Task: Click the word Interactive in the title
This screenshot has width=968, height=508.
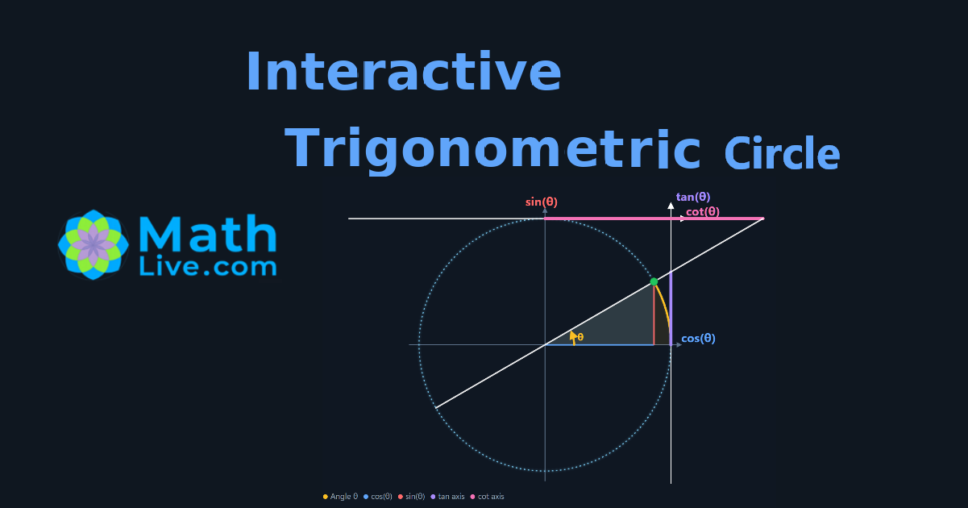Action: pos(404,72)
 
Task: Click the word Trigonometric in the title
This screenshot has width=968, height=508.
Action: pos(492,150)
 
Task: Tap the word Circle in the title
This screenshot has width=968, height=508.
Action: pos(782,153)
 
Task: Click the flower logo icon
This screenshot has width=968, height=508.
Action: pos(93,244)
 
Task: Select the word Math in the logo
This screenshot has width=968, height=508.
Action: pos(207,234)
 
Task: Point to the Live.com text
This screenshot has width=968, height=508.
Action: pos(207,267)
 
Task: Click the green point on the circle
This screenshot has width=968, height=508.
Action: pos(654,282)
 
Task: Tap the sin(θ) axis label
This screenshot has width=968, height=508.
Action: pos(541,202)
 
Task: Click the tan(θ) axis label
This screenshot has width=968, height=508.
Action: pos(693,197)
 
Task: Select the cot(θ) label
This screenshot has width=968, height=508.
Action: pos(703,212)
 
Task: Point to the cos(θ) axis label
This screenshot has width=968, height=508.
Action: pos(698,338)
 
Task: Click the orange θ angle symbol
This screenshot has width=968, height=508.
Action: pos(580,337)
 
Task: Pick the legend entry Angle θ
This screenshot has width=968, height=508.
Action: pos(340,497)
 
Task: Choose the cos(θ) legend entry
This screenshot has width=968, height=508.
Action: pos(378,497)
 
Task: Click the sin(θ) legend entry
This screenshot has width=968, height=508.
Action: pos(411,497)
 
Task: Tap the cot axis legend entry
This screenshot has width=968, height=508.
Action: pos(487,497)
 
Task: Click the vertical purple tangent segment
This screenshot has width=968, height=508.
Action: pos(671,308)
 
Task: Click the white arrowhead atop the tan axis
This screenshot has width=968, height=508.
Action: pos(671,206)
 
